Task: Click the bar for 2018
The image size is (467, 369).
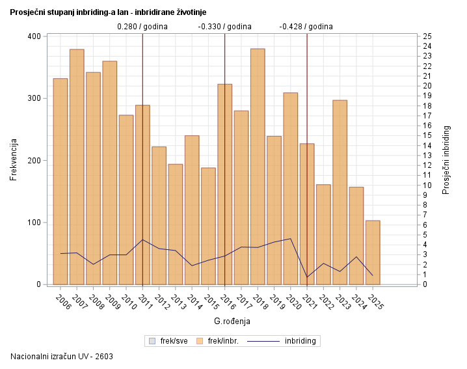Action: pyautogui.click(x=258, y=167)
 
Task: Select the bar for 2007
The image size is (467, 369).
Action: pyautogui.click(x=77, y=167)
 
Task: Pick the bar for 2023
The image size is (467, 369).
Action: pyautogui.click(x=340, y=192)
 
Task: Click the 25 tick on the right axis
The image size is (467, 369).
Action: pyautogui.click(x=427, y=36)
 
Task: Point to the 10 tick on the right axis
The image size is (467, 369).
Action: pyautogui.click(x=427, y=185)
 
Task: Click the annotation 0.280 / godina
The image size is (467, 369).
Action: pyautogui.click(x=142, y=27)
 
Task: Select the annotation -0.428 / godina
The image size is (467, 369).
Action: pyautogui.click(x=306, y=27)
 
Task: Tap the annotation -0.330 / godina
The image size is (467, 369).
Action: pyautogui.click(x=224, y=27)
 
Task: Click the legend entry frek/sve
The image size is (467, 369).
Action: pyautogui.click(x=170, y=340)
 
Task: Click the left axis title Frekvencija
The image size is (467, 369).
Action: pyautogui.click(x=14, y=160)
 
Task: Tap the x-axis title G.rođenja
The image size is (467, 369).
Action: pyautogui.click(x=232, y=321)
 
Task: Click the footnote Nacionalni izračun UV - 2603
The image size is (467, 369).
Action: pyautogui.click(x=62, y=357)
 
